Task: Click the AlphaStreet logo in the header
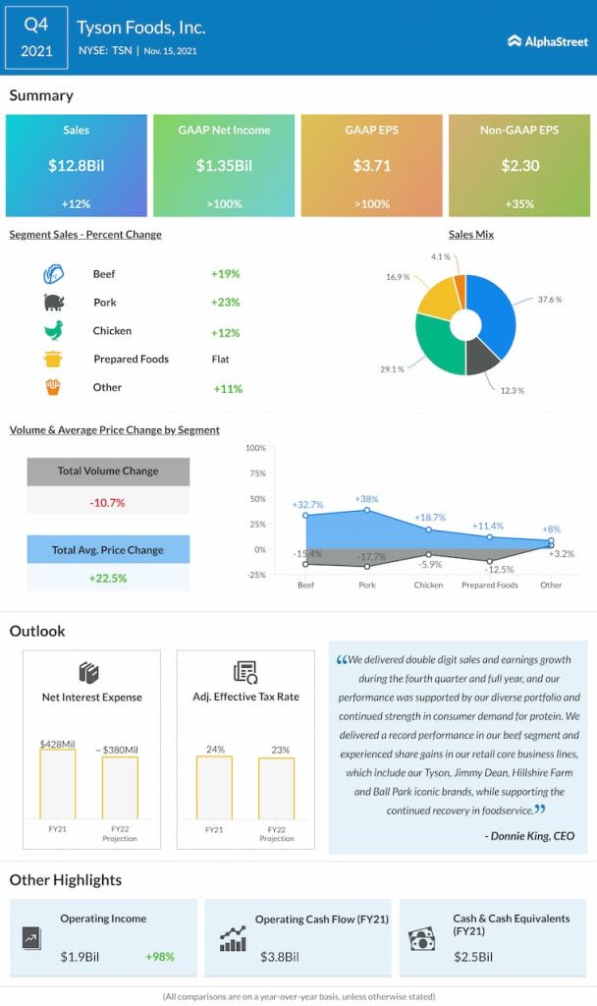point(548,41)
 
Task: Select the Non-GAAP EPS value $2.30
point(520,166)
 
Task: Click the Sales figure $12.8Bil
point(76,166)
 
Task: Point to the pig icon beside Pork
point(53,303)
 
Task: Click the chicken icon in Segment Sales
point(53,331)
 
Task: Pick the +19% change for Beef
point(225,274)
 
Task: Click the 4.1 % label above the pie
point(441,256)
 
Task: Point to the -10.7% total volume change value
point(107,502)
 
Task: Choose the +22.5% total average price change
point(107,579)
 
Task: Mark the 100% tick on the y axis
point(255,448)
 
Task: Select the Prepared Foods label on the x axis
point(489,585)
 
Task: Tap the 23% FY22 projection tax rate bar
point(276,787)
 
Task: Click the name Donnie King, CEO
point(529,836)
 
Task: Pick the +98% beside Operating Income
point(161,956)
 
